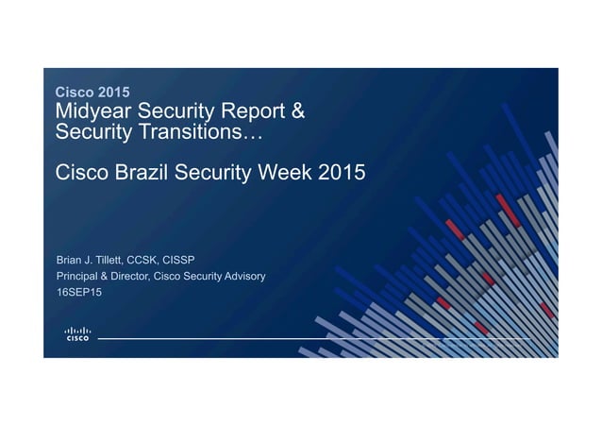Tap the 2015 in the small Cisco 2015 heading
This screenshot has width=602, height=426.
pos(112,93)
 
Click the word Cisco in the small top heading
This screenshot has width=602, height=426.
pos(75,93)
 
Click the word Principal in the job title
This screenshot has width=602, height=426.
pos(79,276)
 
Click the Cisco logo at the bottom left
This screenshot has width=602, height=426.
pos(76,333)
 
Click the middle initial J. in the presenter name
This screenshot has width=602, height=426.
pos(92,259)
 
